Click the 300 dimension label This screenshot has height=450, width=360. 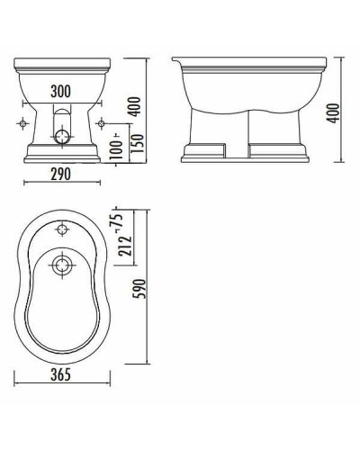click(60, 92)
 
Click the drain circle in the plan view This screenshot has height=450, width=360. click(61, 264)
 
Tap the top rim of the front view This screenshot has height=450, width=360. click(61, 65)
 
